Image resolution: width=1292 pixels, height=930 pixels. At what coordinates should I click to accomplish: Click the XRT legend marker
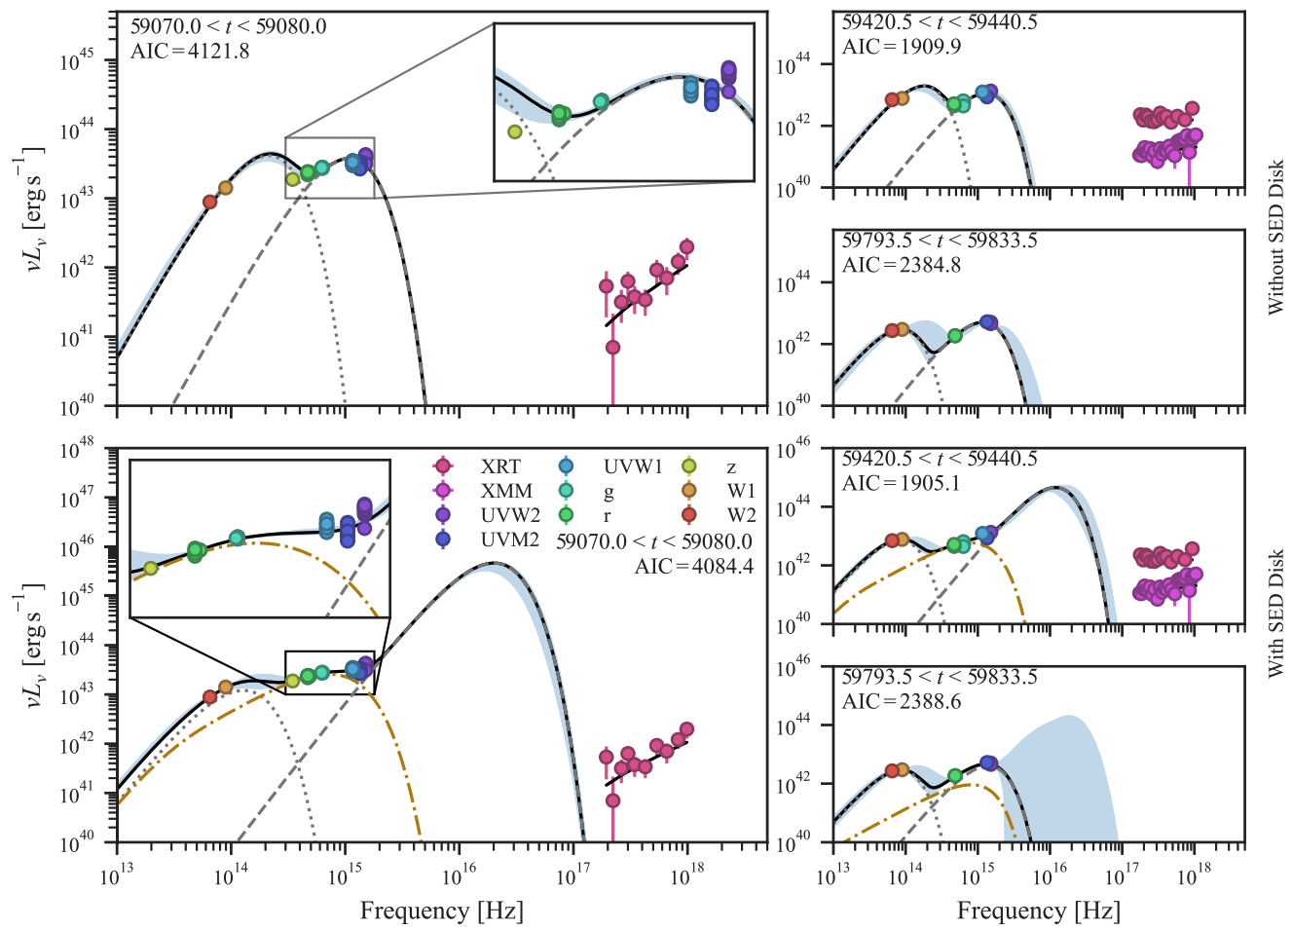click(x=443, y=465)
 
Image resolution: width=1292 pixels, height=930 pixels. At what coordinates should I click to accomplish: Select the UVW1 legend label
click(x=633, y=466)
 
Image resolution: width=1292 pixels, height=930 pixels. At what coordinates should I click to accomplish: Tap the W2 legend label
click(x=741, y=514)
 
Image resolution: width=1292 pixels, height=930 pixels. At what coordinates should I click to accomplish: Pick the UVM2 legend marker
click(x=443, y=539)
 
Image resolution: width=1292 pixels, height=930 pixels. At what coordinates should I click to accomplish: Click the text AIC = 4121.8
click(x=190, y=52)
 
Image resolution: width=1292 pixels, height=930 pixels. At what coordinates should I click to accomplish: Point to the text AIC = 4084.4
click(x=694, y=567)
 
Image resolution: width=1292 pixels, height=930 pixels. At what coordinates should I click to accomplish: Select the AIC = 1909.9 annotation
click(x=902, y=46)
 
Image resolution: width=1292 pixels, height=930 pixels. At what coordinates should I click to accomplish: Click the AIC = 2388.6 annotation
click(x=902, y=701)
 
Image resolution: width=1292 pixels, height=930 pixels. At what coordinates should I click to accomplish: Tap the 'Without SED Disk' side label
click(x=1275, y=238)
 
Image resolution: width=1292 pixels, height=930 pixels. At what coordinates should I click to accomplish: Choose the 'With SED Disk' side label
click(x=1275, y=614)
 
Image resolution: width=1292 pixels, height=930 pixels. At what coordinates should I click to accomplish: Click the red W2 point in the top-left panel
click(x=210, y=202)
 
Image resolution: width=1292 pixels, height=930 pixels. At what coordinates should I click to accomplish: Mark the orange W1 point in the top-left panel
click(x=226, y=188)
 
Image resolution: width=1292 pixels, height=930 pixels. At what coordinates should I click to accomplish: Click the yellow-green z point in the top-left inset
click(x=514, y=132)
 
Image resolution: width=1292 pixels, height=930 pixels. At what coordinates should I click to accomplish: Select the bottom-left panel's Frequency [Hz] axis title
click(x=442, y=911)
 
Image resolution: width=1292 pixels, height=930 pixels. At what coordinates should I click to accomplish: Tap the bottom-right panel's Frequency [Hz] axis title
click(x=1039, y=911)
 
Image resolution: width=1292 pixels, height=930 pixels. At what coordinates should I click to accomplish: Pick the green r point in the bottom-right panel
click(x=955, y=775)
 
